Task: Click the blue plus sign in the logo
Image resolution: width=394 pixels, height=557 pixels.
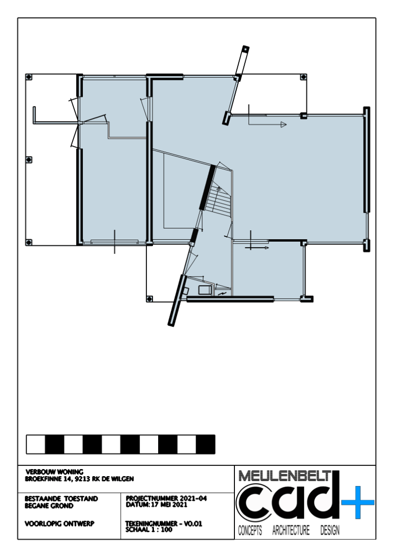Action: (358, 502)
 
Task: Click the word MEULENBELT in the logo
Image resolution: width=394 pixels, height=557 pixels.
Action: (285, 476)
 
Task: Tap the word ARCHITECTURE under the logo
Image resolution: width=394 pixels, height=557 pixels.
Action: (291, 531)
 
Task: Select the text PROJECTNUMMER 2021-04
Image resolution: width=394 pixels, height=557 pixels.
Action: (166, 498)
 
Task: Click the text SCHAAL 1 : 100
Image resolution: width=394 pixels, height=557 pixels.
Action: (149, 529)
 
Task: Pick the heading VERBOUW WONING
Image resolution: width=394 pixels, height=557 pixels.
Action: (54, 472)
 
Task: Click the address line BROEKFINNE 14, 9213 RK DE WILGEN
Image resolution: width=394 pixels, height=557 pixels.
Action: (80, 479)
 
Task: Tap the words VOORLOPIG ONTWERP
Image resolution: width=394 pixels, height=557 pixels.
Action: (60, 523)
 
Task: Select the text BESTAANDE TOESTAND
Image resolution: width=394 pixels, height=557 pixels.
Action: (61, 499)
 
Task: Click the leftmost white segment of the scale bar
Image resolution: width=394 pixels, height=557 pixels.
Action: (36, 444)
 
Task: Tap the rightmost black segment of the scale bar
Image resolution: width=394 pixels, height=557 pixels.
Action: (206, 444)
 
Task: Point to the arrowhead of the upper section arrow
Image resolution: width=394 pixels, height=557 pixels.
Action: (284, 125)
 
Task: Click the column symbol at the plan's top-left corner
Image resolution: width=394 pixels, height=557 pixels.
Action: (29, 77)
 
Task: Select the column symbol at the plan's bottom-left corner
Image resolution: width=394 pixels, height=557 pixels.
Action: (29, 242)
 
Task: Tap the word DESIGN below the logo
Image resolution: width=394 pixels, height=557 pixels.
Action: (330, 531)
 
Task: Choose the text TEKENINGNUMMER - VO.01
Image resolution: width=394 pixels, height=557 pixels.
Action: (164, 523)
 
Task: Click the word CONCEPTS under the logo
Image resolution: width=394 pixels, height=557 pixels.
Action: (250, 531)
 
